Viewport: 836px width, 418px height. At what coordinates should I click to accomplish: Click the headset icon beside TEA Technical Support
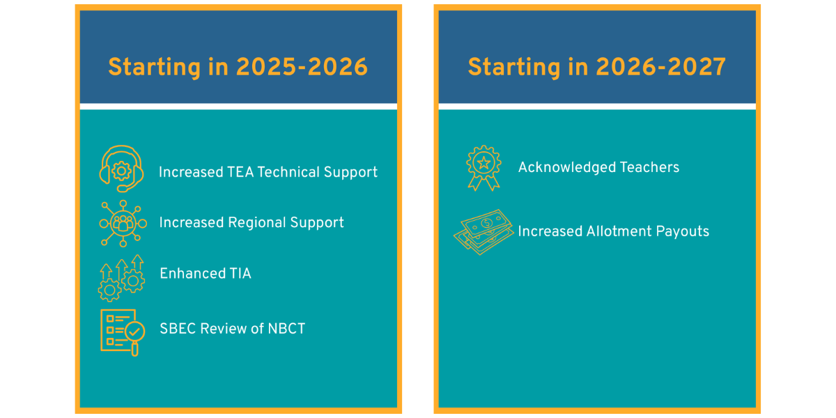pos(122,169)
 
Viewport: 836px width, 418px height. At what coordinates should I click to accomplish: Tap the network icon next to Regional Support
pos(123,224)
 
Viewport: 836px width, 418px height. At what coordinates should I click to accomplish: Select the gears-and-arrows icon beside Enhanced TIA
pos(122,278)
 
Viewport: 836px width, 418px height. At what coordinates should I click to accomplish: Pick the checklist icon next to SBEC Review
pos(123,332)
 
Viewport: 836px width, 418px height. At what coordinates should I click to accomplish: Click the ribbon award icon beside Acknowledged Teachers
pos(483,168)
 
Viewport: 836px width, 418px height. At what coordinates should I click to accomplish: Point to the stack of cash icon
pos(483,232)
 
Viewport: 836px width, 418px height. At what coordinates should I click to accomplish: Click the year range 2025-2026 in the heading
pos(302,67)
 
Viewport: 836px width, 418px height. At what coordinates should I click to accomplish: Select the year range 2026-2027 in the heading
pos(661,67)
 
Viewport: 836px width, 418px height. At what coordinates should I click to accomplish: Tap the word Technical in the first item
pos(288,172)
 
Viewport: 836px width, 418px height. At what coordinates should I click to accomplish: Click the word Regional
pos(257,223)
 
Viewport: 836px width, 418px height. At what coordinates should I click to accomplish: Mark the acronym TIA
pos(240,274)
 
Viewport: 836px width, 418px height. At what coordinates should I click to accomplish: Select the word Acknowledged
pos(567,168)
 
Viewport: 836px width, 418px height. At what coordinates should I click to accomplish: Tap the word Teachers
pos(650,167)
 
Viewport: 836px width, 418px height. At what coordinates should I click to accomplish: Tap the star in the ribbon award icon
pos(484,163)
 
